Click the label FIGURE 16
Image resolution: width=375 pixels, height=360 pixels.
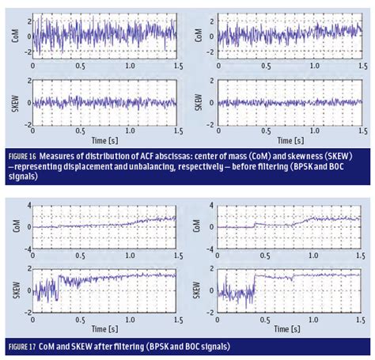click(25, 153)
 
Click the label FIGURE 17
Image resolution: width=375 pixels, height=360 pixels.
click(25, 347)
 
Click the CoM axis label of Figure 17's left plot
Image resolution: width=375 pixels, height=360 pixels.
click(10, 227)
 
